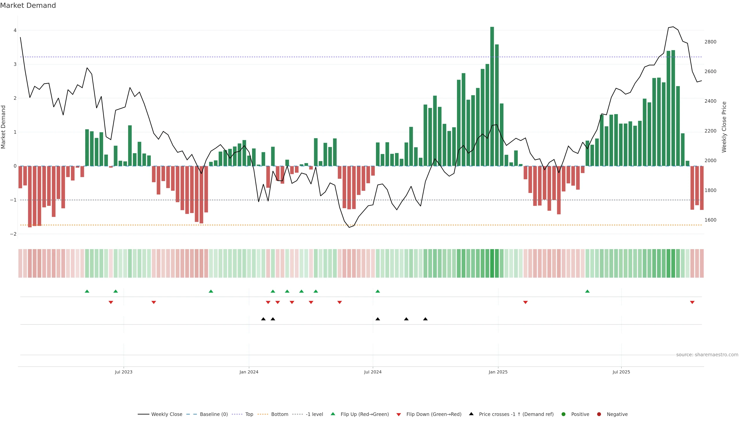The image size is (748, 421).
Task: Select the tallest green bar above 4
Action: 492,96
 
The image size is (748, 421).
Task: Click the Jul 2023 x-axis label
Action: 123,372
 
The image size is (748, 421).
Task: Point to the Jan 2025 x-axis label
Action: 498,372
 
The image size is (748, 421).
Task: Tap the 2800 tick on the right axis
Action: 710,42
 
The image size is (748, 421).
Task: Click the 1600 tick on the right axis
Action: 710,220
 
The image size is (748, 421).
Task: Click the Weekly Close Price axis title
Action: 724,127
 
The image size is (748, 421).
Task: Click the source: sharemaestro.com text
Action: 707,355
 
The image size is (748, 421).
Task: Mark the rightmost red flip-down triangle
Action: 692,302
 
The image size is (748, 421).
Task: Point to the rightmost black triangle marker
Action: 425,319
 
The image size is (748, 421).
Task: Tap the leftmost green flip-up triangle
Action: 87,291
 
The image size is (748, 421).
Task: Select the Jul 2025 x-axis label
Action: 621,372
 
